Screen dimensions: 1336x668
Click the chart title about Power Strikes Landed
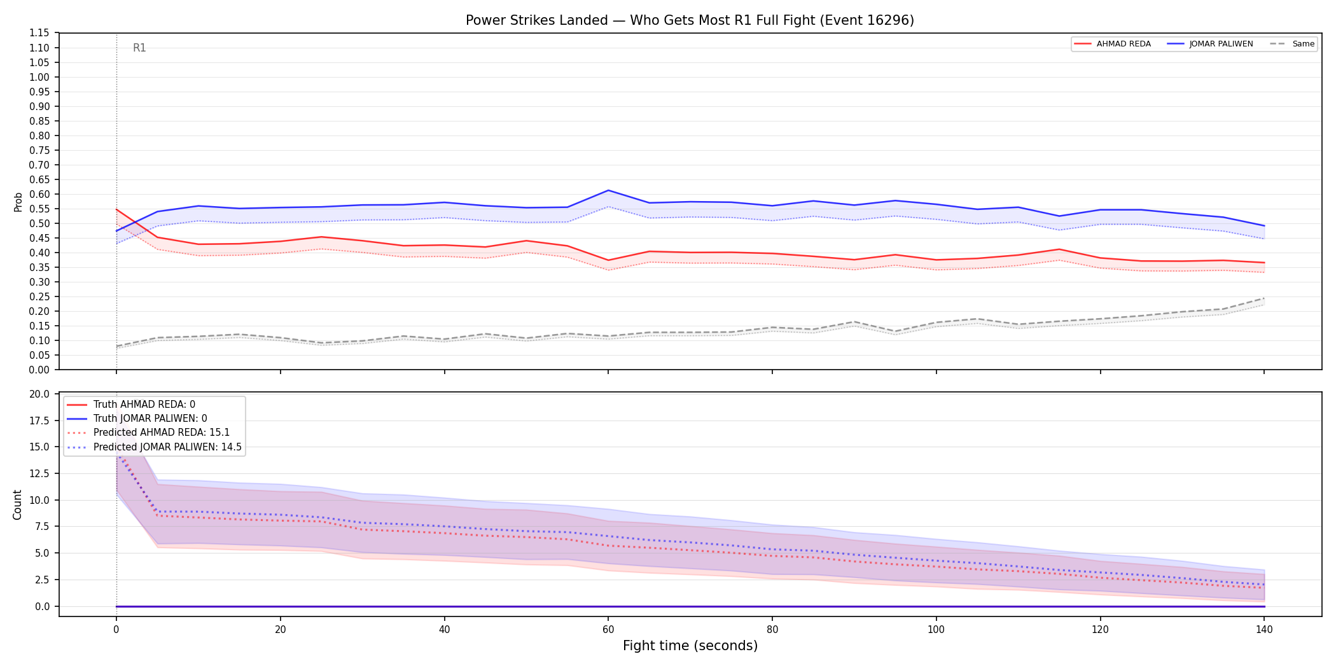(690, 20)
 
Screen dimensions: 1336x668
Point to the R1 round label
(139, 48)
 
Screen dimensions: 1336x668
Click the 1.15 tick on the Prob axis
(39, 33)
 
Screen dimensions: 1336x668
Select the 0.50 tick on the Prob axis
(39, 223)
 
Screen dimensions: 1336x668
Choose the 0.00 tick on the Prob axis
(39, 370)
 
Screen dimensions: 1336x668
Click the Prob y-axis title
(18, 202)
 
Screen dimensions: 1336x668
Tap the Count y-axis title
(17, 504)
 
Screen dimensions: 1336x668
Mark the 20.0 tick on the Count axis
(39, 394)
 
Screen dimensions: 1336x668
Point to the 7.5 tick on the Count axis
(42, 526)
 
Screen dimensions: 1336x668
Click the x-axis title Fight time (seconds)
(690, 646)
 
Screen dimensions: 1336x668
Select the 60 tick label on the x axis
(608, 630)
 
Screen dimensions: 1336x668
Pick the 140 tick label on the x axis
(1264, 630)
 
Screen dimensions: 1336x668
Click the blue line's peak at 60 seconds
(608, 190)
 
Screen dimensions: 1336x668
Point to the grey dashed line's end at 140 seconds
(1264, 298)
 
